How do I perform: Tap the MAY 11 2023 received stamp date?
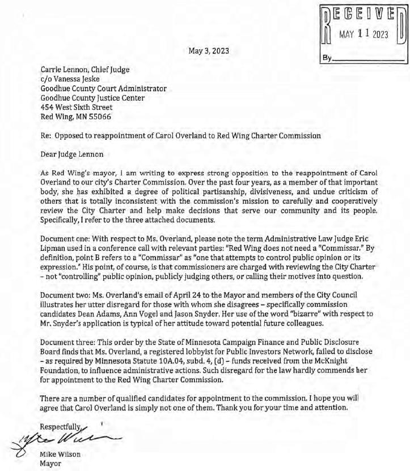click(x=363, y=35)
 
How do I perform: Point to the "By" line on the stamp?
click(x=328, y=57)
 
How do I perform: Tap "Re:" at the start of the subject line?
click(x=47, y=135)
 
